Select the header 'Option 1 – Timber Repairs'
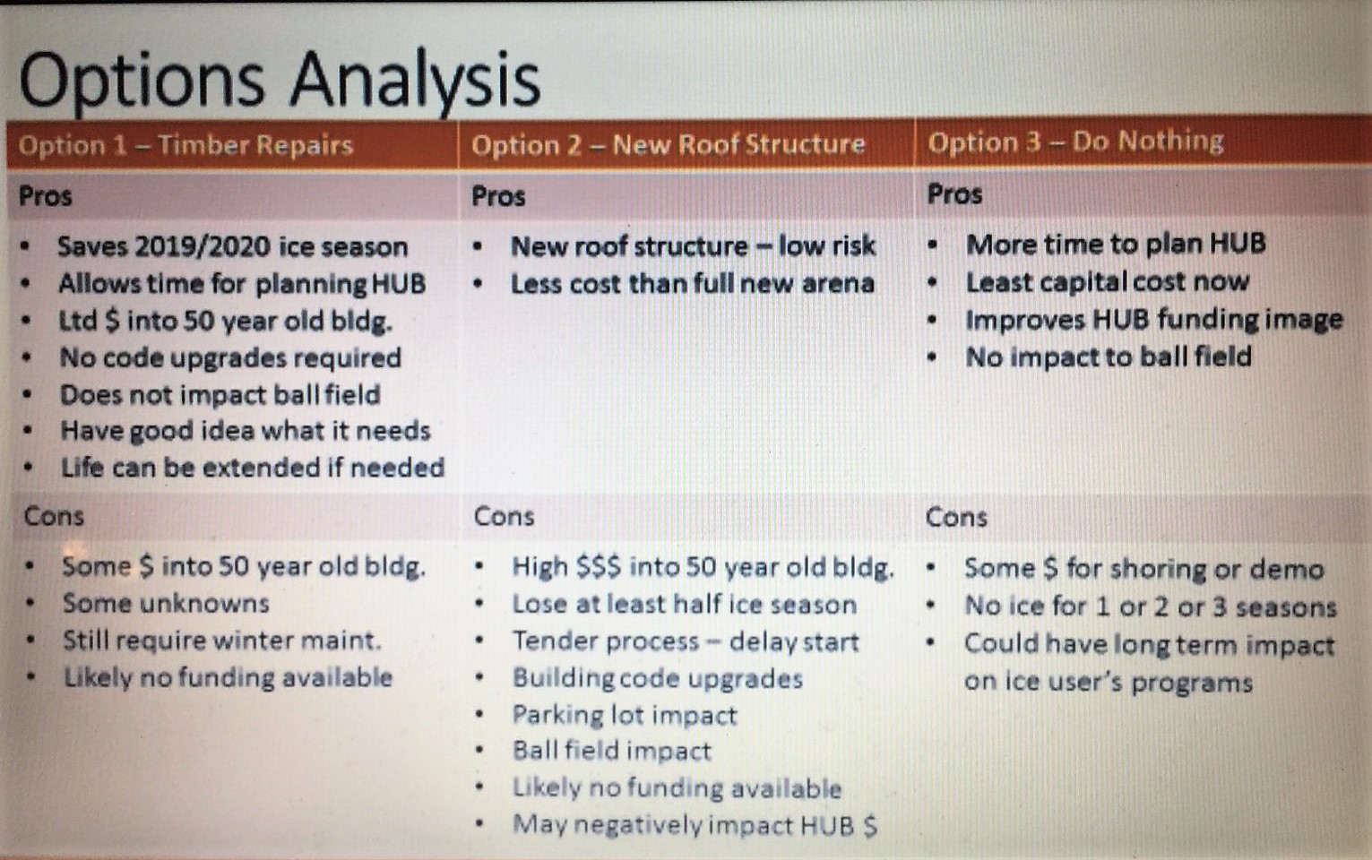(186, 146)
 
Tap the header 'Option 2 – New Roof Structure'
(669, 144)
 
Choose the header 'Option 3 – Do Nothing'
(1075, 142)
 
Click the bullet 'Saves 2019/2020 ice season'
(233, 246)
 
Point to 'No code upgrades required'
(230, 357)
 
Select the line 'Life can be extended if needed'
(253, 468)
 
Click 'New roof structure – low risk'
(694, 246)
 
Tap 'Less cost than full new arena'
(692, 283)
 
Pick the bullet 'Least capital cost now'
(1108, 282)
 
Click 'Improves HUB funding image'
(1154, 320)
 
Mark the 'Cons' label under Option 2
(504, 517)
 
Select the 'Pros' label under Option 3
(955, 194)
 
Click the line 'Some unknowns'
(166, 604)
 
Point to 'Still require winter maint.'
(222, 641)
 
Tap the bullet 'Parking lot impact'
(625, 715)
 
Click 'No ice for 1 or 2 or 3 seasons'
(1151, 606)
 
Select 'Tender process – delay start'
(686, 641)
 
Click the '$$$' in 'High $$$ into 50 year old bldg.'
(599, 567)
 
